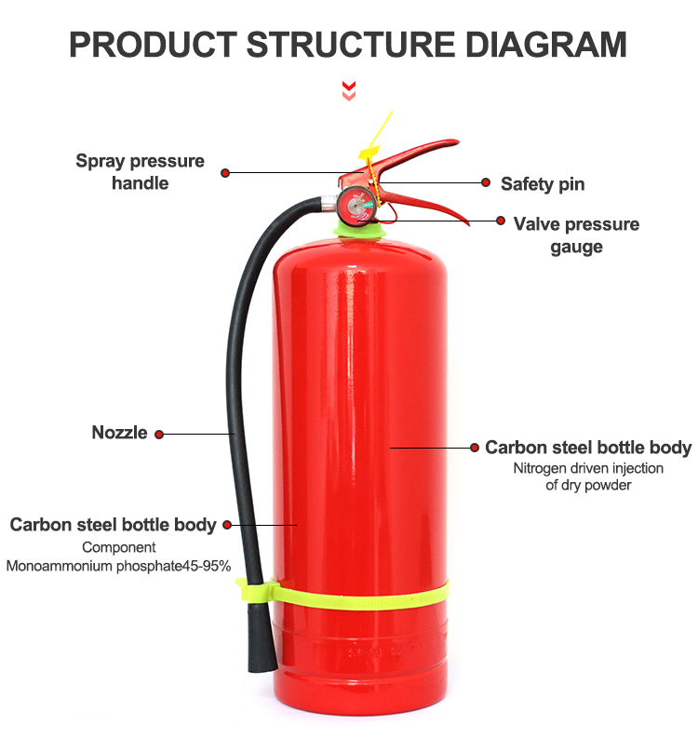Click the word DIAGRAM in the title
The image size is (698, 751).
(545, 45)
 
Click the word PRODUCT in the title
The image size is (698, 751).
(153, 45)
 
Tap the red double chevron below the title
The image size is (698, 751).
(349, 91)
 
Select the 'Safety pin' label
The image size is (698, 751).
(543, 184)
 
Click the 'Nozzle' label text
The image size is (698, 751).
(119, 433)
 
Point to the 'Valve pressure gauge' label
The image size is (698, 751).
(576, 235)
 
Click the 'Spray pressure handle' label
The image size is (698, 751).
(140, 172)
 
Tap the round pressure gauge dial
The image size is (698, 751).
(356, 206)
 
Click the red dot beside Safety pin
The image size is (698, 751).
(486, 182)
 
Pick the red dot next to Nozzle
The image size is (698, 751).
(159, 435)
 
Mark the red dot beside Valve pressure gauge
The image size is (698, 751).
(501, 221)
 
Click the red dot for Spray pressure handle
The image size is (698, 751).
(225, 172)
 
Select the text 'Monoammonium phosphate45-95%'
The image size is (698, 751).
(118, 566)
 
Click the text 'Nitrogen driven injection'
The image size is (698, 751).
(588, 468)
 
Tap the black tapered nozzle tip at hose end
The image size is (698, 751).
(262, 638)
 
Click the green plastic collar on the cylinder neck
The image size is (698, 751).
(360, 229)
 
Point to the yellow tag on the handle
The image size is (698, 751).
(369, 154)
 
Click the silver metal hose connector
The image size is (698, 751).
(329, 203)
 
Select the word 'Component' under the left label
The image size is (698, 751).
(119, 547)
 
